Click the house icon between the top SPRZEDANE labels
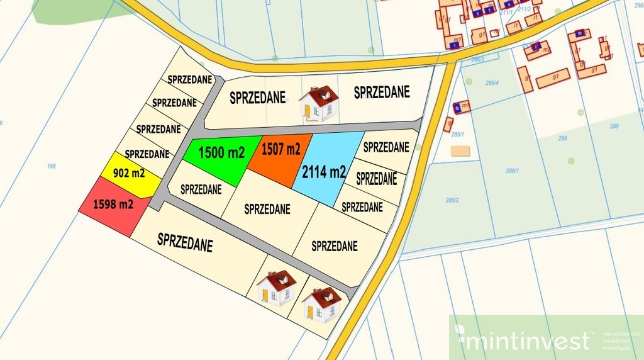click(318, 103)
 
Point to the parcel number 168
click(52, 166)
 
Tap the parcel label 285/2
click(452, 200)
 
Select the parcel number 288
click(562, 137)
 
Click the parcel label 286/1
click(513, 171)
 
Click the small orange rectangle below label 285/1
click(460, 150)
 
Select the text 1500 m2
click(221, 152)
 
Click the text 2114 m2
click(324, 171)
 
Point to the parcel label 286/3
click(477, 59)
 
